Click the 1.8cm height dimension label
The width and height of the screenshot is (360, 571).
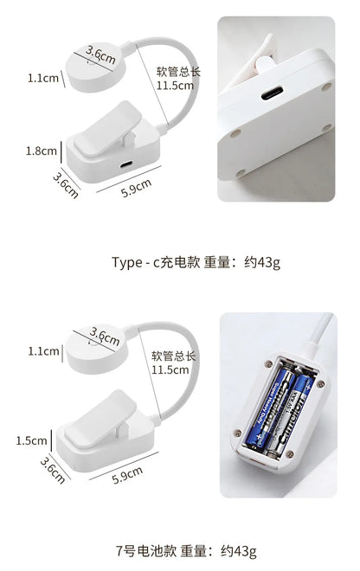pyautogui.click(x=41, y=151)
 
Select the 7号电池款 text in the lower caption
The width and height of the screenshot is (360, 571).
pyautogui.click(x=138, y=550)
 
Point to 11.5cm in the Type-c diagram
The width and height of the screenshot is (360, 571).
pyautogui.click(x=174, y=87)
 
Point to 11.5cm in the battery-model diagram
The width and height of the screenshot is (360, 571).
pyautogui.click(x=170, y=369)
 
